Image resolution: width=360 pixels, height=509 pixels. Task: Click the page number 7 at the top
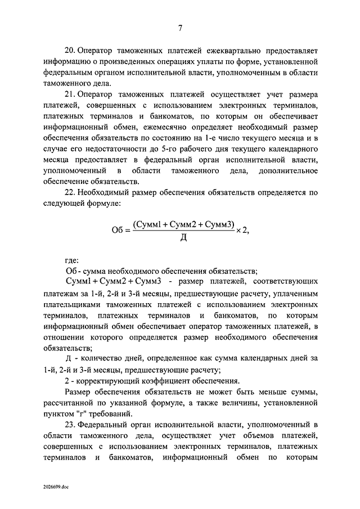(180, 28)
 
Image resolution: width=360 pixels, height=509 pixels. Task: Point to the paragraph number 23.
(71, 424)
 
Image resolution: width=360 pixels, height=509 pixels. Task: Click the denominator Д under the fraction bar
(183, 238)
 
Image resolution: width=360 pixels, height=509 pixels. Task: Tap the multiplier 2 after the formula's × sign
(245, 230)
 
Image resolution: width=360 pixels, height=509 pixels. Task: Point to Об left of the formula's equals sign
(118, 231)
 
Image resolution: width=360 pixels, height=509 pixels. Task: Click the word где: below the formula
(73, 259)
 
